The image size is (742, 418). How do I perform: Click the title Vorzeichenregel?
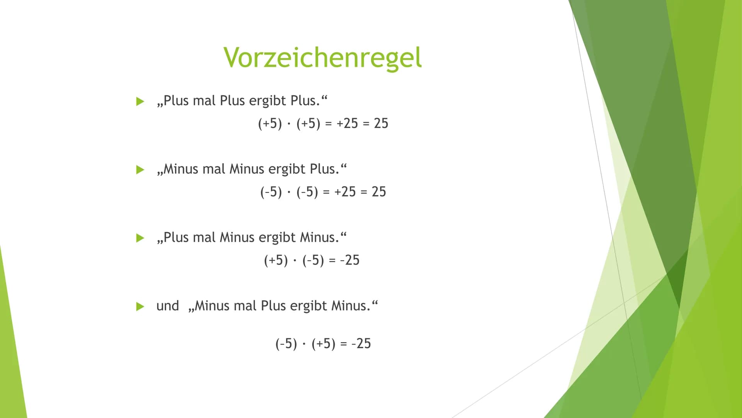coord(322,58)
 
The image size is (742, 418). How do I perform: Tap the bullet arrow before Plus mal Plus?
coord(140,102)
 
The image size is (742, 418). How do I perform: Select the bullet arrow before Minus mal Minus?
coord(140,170)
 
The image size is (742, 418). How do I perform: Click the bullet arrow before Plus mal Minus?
coord(140,238)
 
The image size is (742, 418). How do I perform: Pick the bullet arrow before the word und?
coord(140,307)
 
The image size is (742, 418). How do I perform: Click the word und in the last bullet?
coord(168,306)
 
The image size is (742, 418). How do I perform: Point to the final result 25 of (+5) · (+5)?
coord(381,123)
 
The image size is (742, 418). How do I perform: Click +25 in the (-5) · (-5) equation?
coord(345,192)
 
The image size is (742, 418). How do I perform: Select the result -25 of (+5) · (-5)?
coord(350,260)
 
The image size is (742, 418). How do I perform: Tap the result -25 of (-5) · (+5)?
coord(361,344)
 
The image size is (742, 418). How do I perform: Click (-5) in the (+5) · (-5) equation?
coord(313,260)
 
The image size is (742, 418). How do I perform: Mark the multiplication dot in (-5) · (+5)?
coord(304,344)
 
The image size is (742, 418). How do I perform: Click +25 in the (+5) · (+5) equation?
coord(347,123)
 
